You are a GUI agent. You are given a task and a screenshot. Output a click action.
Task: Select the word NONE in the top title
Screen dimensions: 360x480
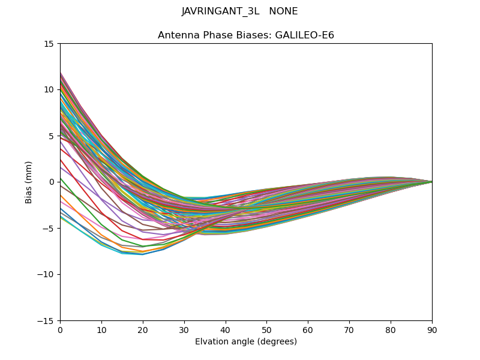tap(284, 11)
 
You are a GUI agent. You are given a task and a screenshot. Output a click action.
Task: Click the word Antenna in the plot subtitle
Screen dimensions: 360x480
tap(176, 35)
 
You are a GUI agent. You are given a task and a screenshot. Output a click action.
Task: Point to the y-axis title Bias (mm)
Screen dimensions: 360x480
tap(29, 182)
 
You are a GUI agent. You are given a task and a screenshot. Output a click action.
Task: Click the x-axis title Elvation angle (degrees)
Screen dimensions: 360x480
tap(246, 342)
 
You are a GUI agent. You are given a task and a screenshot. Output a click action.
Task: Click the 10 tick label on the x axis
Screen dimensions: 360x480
tap(101, 330)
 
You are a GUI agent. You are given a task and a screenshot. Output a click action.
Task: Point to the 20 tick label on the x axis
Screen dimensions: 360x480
tap(143, 330)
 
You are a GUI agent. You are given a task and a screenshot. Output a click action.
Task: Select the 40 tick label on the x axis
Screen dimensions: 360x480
tap(226, 330)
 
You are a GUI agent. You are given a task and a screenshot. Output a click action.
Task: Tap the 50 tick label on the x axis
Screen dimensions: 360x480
tap(266, 330)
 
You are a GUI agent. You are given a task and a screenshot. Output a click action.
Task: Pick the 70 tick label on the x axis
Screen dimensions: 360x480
tap(349, 330)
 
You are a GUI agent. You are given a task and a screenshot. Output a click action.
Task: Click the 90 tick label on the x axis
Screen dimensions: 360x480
tap(432, 330)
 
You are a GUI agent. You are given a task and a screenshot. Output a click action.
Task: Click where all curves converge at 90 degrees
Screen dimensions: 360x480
tap(431, 182)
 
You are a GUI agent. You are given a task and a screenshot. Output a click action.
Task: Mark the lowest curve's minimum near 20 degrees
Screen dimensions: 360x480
tap(143, 254)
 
